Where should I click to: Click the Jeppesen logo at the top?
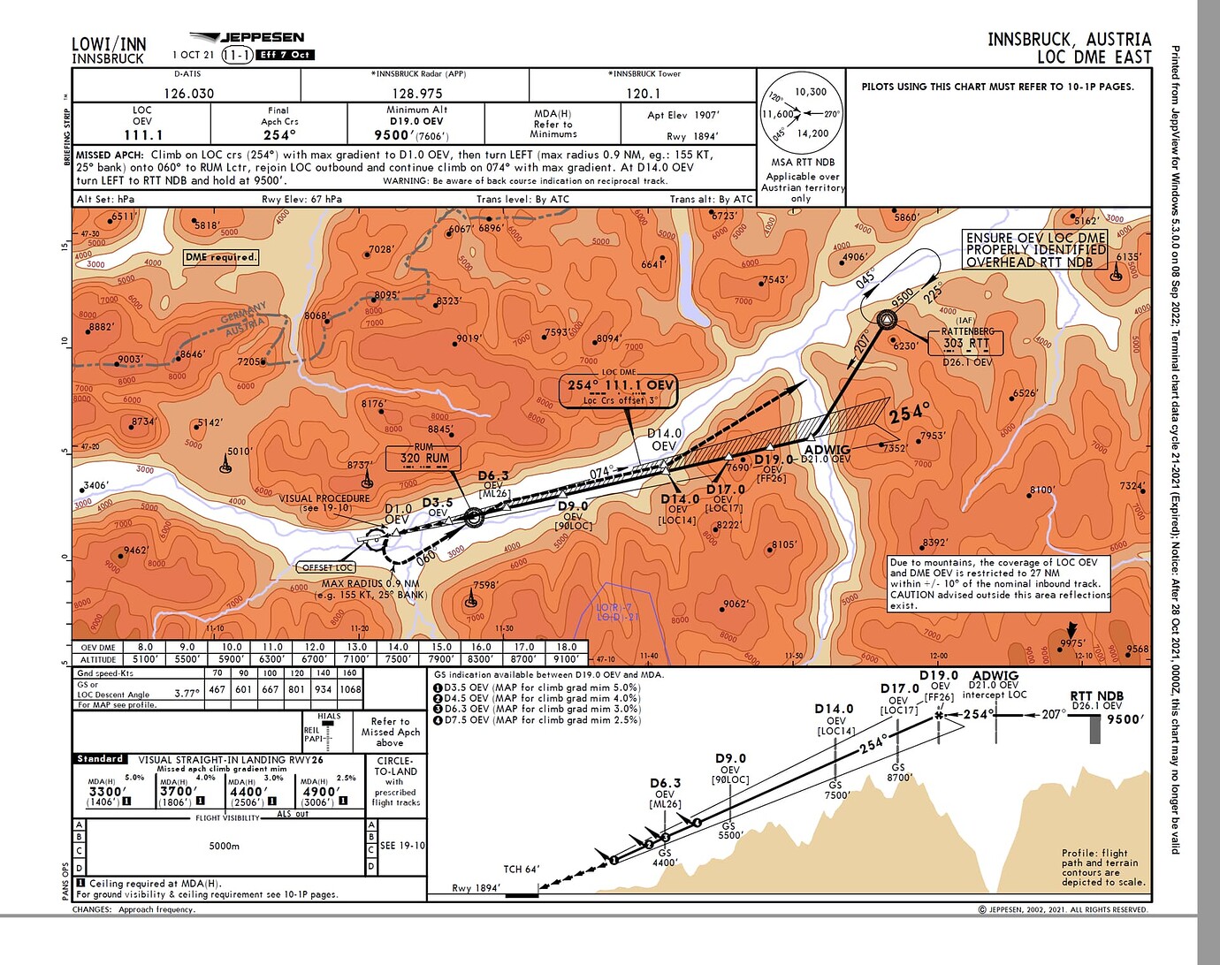coord(248,38)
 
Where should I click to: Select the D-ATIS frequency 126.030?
coord(188,93)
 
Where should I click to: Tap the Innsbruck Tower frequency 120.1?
coord(644,93)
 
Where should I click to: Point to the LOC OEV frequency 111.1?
coord(143,135)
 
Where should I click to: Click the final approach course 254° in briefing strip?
coord(278,135)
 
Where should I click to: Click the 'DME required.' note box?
coord(221,257)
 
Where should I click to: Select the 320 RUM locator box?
coord(424,458)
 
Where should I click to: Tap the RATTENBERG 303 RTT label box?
coord(966,342)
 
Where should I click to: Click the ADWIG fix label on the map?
coord(827,449)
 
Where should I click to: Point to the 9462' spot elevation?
coord(135,550)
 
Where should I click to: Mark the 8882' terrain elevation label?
coord(101,326)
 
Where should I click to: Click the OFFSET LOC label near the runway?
coord(328,567)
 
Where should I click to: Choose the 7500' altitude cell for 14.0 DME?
coord(398,658)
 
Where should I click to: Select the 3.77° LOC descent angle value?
coord(187,694)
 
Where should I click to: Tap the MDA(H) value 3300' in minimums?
coord(105,791)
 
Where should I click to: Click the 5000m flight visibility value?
coord(225,846)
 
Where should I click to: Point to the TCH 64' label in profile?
coord(522,870)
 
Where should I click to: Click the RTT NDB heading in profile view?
coord(1096,695)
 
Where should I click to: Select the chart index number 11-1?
coord(237,55)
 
